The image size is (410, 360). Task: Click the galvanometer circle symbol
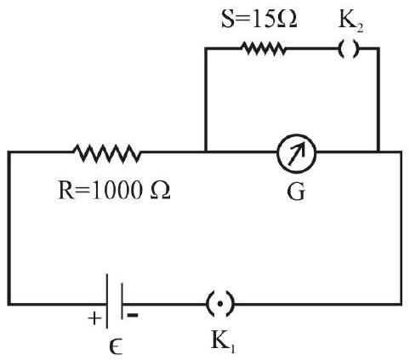coord(297,135)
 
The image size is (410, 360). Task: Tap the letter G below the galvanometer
coord(296,192)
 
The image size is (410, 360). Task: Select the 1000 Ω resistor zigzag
coord(107,153)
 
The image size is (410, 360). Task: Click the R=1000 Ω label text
coord(114,191)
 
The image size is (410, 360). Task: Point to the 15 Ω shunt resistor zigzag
coord(263,49)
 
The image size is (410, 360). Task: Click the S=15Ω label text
coord(259,19)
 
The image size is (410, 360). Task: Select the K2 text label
coord(350,21)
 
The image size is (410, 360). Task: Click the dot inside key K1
coord(220,304)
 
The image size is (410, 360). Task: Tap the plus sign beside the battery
coord(94,318)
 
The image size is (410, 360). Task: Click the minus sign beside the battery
coord(133,315)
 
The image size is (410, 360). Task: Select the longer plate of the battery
coord(107,301)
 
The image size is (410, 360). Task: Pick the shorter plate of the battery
coord(122,301)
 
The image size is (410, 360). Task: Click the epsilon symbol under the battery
coord(116,346)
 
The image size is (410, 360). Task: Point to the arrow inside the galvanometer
coord(297,153)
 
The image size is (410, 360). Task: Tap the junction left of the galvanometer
coord(206,151)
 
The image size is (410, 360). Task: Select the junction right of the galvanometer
coord(379,151)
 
